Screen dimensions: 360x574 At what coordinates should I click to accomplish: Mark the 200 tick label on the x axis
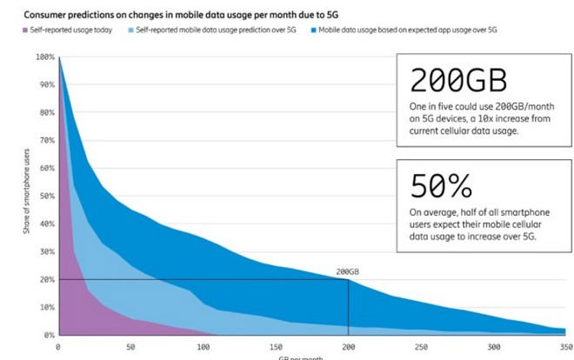click(x=349, y=346)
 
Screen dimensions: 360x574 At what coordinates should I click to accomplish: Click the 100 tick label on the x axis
click(x=204, y=346)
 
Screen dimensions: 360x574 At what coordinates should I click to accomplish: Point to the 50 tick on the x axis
click(x=130, y=346)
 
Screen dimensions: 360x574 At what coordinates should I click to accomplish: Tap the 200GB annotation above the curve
click(x=348, y=271)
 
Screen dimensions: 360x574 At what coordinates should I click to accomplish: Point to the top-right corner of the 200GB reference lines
click(x=349, y=279)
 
